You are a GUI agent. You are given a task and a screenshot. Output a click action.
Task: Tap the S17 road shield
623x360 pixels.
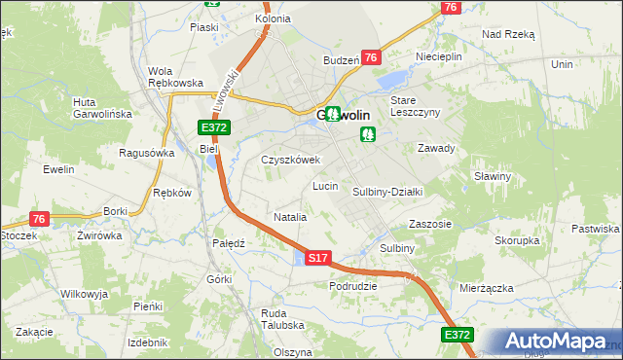[318, 258]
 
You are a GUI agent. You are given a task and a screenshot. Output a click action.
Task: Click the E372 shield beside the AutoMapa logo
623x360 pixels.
[457, 335]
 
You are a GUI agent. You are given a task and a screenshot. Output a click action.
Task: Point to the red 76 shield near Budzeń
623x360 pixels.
[370, 58]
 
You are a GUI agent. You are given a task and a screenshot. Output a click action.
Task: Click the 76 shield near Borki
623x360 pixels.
[39, 220]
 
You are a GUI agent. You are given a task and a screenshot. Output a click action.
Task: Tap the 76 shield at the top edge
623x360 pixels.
[449, 7]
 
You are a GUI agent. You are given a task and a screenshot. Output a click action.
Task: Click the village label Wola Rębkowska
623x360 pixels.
[174, 77]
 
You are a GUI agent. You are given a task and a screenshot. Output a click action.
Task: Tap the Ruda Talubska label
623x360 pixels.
[282, 319]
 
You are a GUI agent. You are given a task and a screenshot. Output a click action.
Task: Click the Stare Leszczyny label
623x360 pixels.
[416, 106]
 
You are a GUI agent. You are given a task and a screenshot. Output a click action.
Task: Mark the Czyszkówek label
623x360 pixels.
[290, 160]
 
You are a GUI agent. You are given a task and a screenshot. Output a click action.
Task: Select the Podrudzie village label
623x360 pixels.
[353, 286]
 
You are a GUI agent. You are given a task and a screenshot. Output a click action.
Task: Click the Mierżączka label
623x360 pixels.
[487, 288]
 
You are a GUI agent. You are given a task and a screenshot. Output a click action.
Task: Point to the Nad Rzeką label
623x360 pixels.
[508, 33]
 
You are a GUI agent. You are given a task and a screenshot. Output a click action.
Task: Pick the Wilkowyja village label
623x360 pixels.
[84, 293]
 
